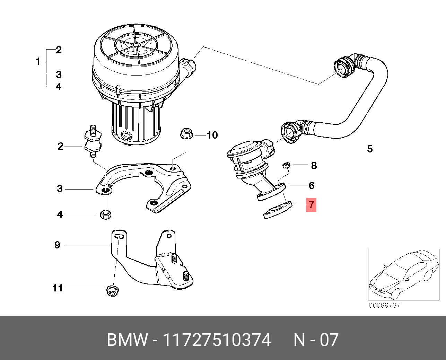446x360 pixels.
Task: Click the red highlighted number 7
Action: point(311,205)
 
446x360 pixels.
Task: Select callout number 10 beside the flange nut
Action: point(212,135)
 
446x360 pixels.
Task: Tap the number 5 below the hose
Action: point(370,149)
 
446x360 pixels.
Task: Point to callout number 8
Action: point(314,165)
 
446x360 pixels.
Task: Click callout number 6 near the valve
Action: point(311,185)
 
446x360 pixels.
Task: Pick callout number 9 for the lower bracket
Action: point(58,245)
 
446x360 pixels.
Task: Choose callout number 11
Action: point(58,288)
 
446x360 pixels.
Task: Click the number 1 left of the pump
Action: point(38,62)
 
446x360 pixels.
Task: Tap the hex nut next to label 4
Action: point(105,214)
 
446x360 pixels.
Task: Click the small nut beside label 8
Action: point(286,165)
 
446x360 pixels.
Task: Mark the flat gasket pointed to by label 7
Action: point(278,210)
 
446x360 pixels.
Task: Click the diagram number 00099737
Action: point(384,305)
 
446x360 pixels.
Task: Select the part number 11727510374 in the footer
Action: point(217,340)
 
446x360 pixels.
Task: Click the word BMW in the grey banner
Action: point(127,340)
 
